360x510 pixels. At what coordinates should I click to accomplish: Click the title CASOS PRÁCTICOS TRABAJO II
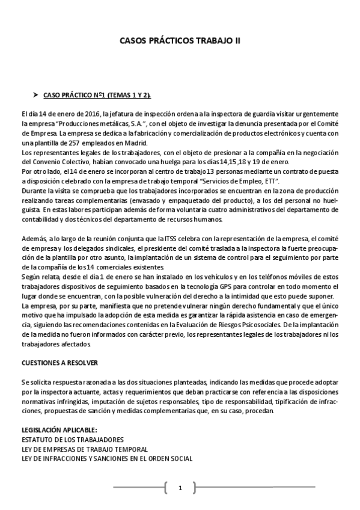(x=180, y=41)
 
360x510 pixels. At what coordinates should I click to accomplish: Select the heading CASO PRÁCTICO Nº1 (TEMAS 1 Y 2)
(x=97, y=96)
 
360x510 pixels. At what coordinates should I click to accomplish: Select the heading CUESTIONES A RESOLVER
(x=59, y=364)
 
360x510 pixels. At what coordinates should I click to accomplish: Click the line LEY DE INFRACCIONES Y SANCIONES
(x=106, y=458)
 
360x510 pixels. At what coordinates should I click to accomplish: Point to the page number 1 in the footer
(x=180, y=488)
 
